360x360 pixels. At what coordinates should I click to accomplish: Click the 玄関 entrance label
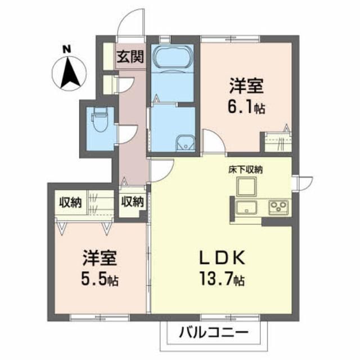point(130,56)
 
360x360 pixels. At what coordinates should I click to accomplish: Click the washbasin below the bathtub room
point(185,143)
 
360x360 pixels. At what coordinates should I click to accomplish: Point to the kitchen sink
point(246,208)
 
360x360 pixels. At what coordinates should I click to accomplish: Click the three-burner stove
point(278,206)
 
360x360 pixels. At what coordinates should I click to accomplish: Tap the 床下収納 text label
point(245,170)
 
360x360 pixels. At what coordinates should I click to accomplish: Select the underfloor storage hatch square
point(247,186)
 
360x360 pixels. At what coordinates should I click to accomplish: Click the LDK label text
point(222,258)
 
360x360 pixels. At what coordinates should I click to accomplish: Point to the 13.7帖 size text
point(222,278)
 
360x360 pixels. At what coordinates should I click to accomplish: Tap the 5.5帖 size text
point(100,280)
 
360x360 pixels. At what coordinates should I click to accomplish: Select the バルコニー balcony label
point(214,332)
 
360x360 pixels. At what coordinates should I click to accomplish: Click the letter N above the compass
point(67,49)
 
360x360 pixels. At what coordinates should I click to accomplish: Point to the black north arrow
point(70,73)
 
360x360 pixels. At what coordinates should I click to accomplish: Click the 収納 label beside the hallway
point(133,202)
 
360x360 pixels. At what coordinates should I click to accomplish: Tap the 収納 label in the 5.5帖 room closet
point(70,202)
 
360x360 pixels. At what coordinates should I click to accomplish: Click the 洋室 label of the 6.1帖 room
point(246,85)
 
